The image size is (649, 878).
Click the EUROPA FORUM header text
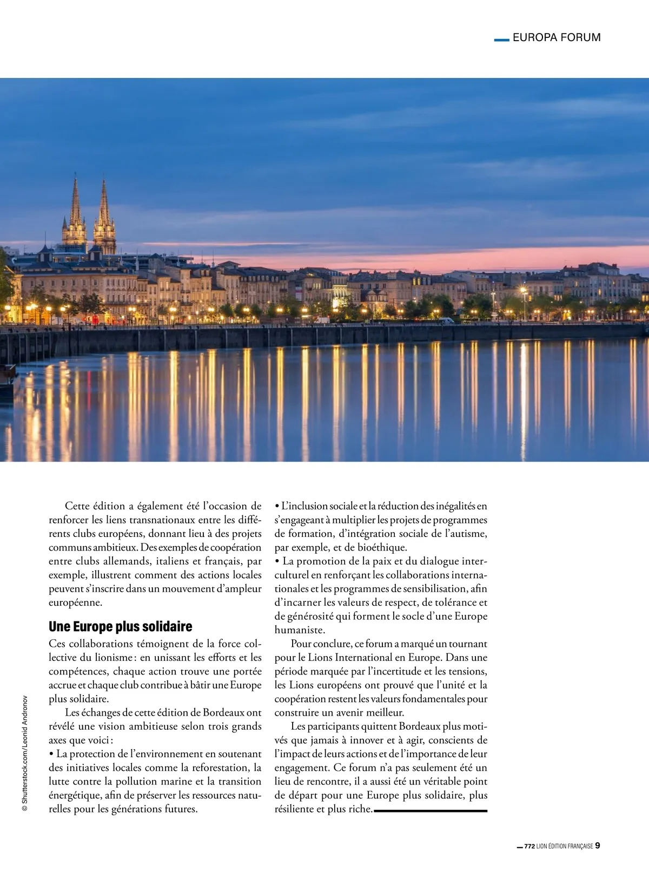(x=556, y=37)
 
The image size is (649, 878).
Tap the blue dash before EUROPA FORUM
(x=502, y=39)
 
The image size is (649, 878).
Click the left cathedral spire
(x=75, y=206)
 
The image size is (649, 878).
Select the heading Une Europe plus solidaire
(x=120, y=626)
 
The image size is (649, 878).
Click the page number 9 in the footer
(x=598, y=846)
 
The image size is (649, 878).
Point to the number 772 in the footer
(x=529, y=847)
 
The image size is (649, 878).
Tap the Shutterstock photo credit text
(x=24, y=753)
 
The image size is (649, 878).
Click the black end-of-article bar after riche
(x=431, y=810)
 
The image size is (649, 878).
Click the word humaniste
(x=299, y=630)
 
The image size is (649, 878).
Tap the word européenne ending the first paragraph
(x=75, y=602)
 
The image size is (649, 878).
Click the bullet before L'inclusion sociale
(x=277, y=506)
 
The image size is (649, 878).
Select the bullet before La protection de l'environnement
(x=51, y=754)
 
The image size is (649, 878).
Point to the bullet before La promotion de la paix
(x=277, y=561)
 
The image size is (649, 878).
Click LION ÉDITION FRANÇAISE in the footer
(x=565, y=847)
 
